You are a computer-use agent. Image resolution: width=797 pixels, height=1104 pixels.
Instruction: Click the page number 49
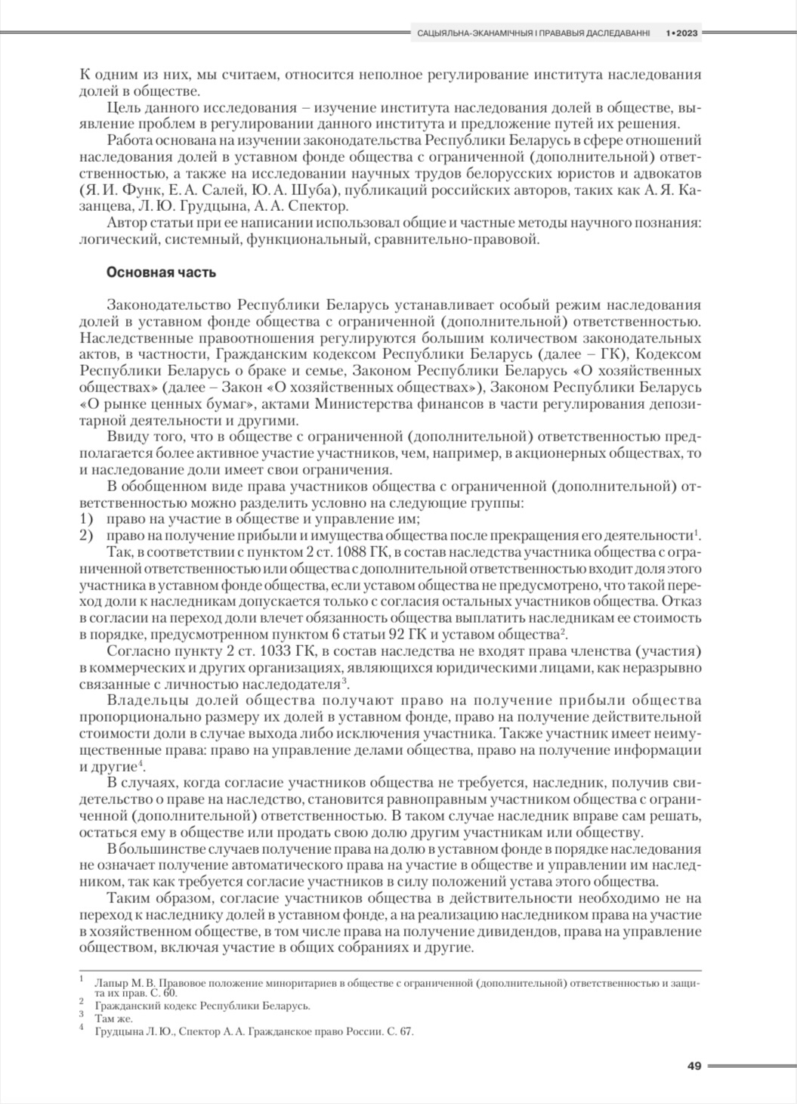point(694,1066)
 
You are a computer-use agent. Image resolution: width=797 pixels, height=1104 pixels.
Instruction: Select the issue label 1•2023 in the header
point(681,33)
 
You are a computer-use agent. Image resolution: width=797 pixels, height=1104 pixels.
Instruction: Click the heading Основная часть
point(162,272)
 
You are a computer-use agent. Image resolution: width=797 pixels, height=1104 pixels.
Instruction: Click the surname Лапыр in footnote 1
point(110,983)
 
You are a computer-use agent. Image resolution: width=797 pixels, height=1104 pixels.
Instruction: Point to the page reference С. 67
point(401,1031)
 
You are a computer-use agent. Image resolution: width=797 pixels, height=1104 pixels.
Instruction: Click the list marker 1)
point(86,520)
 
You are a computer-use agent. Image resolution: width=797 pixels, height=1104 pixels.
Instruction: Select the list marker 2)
point(86,536)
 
